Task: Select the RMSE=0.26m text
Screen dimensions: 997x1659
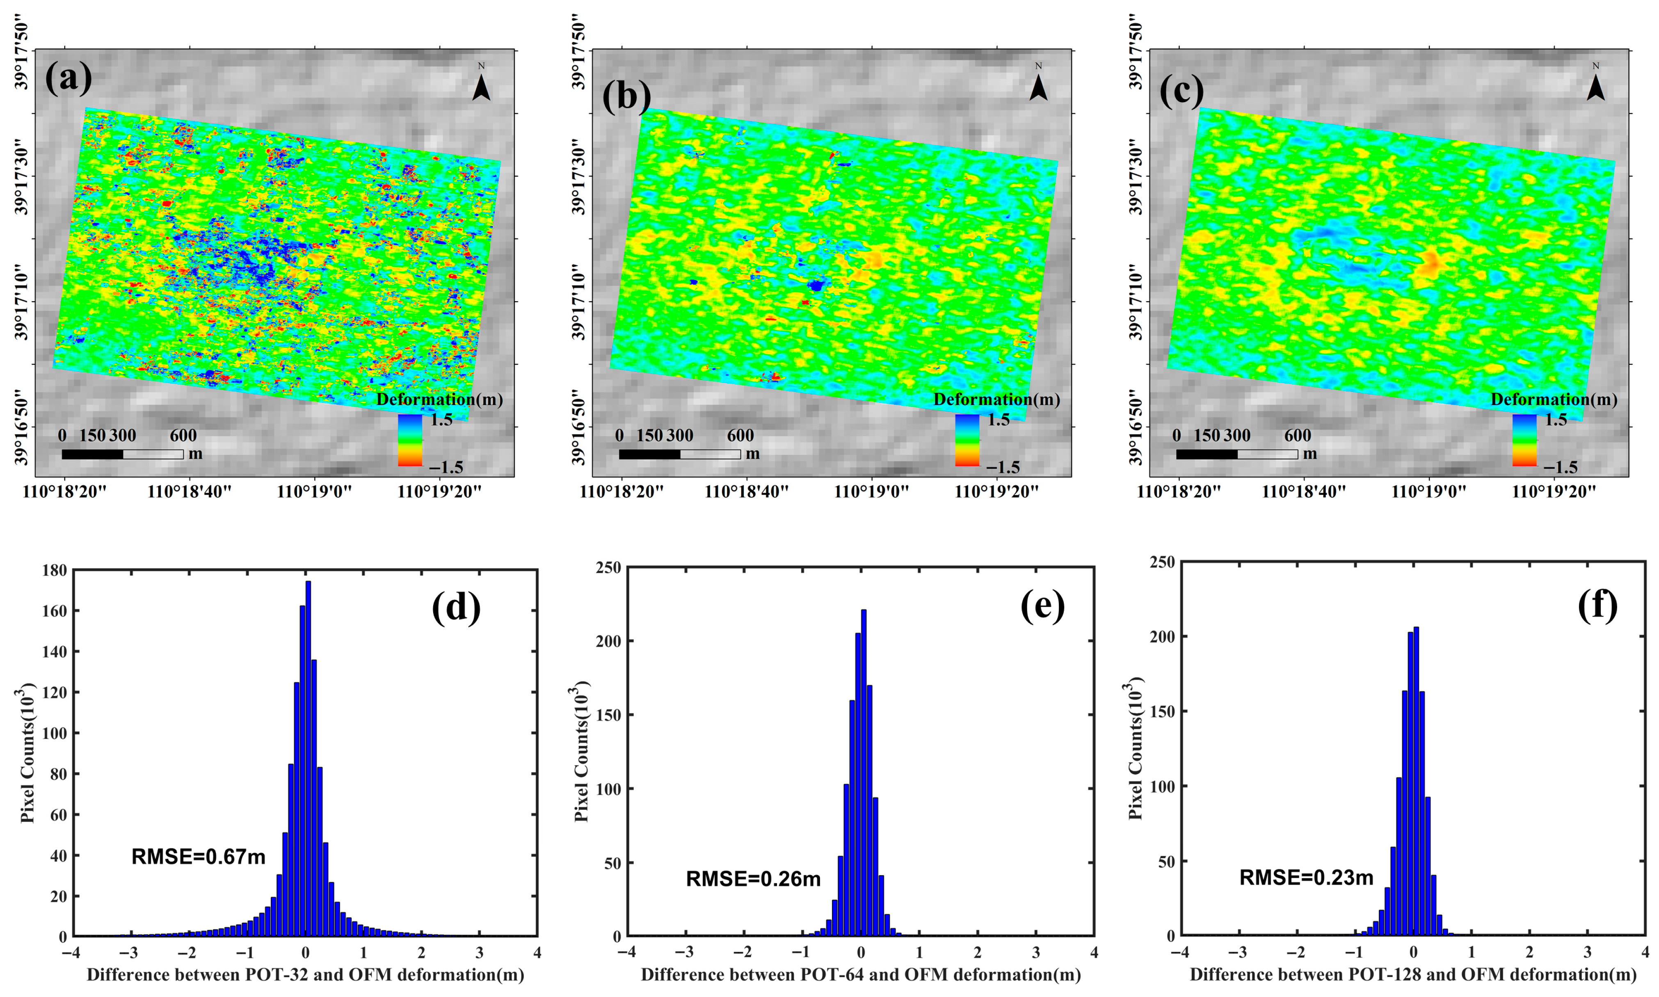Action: click(753, 879)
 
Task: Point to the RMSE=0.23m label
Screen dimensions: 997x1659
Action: click(1306, 878)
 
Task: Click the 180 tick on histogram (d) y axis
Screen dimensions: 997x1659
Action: click(54, 570)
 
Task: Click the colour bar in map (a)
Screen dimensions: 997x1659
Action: click(410, 440)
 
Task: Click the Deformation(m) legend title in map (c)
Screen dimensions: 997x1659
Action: click(1554, 400)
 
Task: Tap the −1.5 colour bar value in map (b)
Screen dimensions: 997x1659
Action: click(1003, 467)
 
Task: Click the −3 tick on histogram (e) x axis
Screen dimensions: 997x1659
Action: click(684, 953)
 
